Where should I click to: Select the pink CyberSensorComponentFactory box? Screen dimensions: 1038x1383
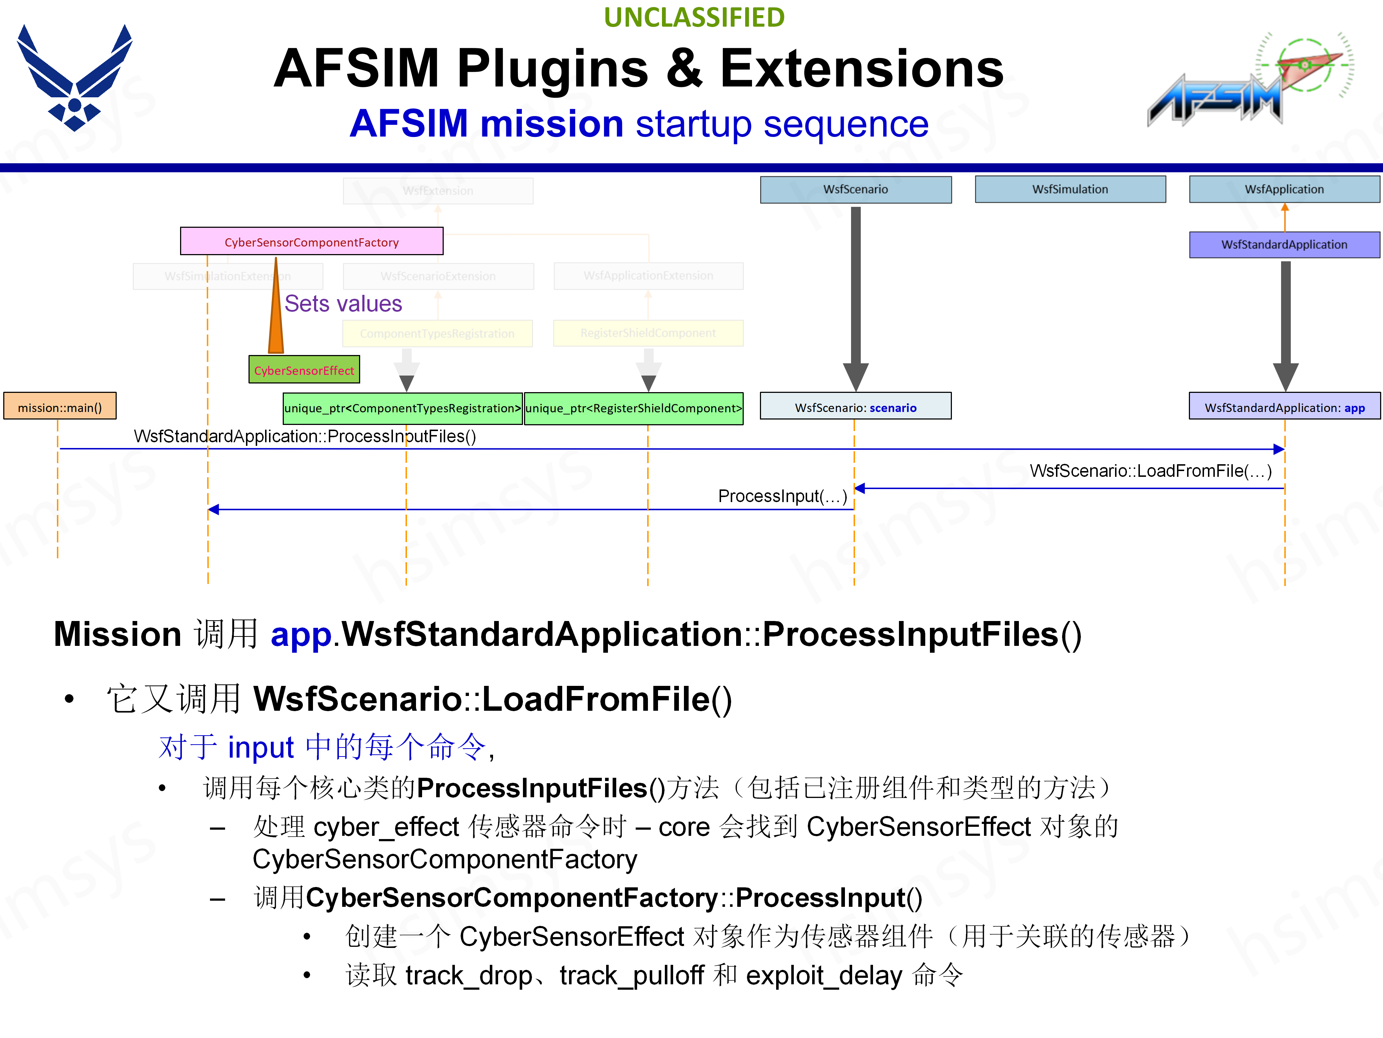[x=312, y=241]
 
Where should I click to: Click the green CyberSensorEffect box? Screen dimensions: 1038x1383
[x=304, y=370]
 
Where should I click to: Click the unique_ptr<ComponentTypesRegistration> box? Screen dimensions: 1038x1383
[x=403, y=408]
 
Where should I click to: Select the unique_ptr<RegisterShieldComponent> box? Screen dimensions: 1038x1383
[x=634, y=408]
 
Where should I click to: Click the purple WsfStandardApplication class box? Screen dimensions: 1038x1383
[x=1284, y=244]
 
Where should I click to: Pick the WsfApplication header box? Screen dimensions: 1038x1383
[x=1284, y=189]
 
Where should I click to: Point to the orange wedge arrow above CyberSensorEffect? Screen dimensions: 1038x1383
[x=276, y=313]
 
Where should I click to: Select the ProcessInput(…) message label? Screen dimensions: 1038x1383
[x=782, y=496]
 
